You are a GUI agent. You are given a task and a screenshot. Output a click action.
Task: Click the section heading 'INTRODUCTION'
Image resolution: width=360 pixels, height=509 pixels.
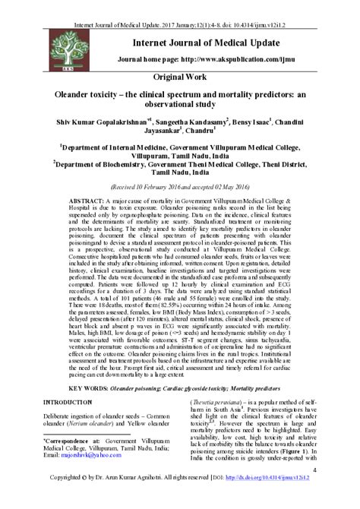tap(69, 401)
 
